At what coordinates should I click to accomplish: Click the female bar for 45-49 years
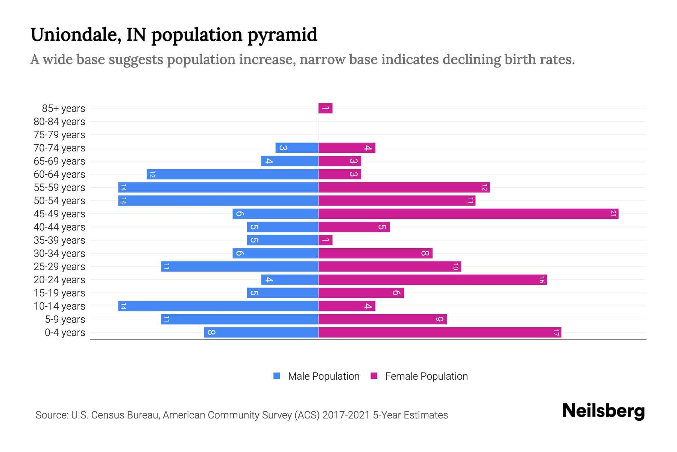tap(468, 214)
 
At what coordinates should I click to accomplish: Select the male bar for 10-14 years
tap(218, 306)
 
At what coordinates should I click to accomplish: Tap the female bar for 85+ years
tap(325, 108)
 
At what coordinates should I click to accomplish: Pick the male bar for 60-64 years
tap(232, 174)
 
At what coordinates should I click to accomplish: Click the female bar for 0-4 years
tap(440, 333)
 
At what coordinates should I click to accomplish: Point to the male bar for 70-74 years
tap(297, 148)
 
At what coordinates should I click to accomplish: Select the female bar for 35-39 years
tap(325, 240)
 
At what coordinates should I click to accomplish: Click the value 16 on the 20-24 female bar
tap(541, 280)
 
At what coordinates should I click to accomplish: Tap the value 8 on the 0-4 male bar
tap(211, 333)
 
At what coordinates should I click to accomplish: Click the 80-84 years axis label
tap(59, 122)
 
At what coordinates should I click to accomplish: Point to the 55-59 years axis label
tap(59, 188)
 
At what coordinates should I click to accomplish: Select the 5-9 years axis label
tap(65, 319)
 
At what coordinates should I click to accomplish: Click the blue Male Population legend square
tap(277, 376)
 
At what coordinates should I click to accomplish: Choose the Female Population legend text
tap(426, 376)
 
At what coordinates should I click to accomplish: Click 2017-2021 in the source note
tap(346, 415)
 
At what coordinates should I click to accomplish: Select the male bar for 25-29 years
tap(240, 267)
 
